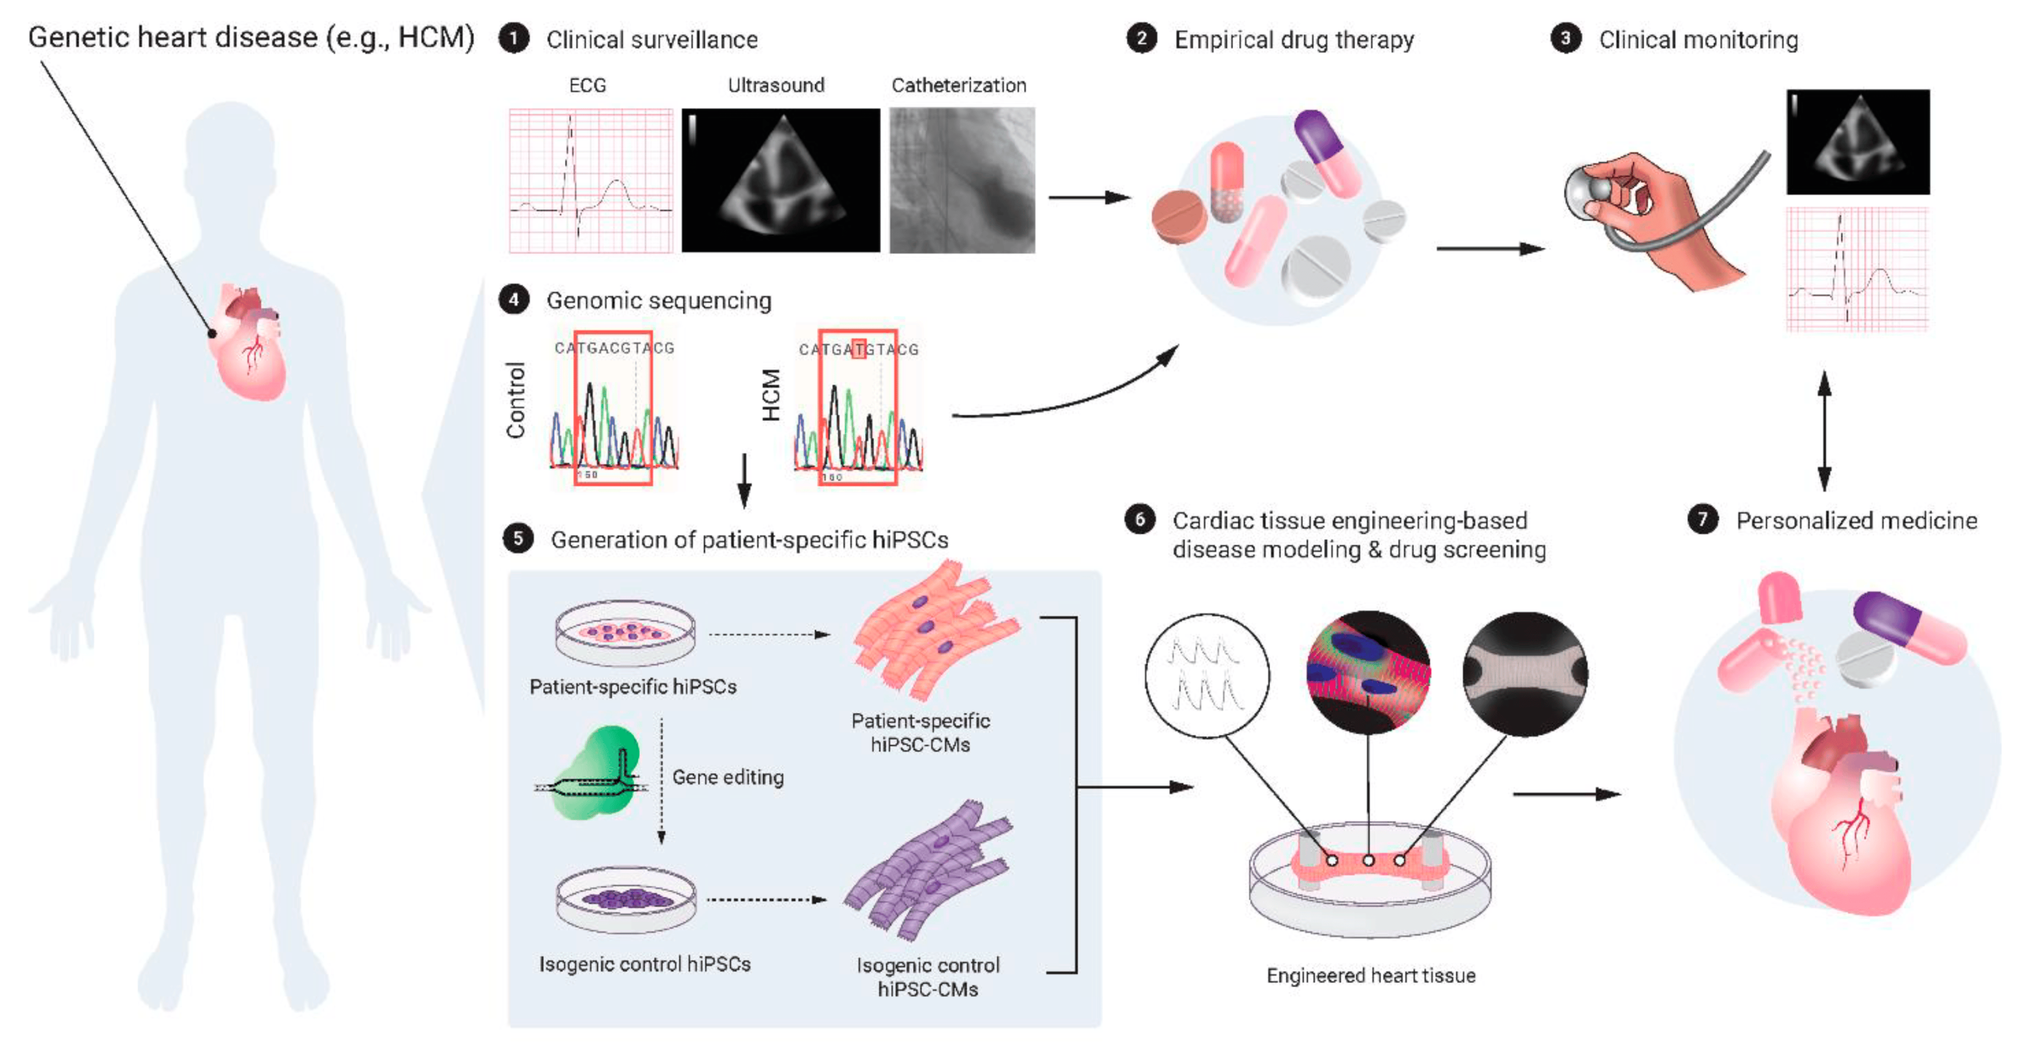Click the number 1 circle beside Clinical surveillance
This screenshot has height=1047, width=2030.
[x=513, y=39]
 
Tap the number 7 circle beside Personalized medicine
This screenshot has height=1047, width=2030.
[x=1702, y=519]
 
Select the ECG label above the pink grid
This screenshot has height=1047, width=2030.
[x=587, y=85]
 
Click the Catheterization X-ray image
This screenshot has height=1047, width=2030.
[x=961, y=180]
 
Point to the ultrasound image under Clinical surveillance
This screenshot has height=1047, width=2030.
[x=780, y=180]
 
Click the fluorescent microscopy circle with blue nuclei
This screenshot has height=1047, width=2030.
[x=1367, y=672]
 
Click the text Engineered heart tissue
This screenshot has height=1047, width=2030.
[x=1370, y=975]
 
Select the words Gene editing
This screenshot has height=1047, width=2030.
[x=727, y=777]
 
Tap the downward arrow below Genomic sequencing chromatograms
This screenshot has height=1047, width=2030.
[x=743, y=480]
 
